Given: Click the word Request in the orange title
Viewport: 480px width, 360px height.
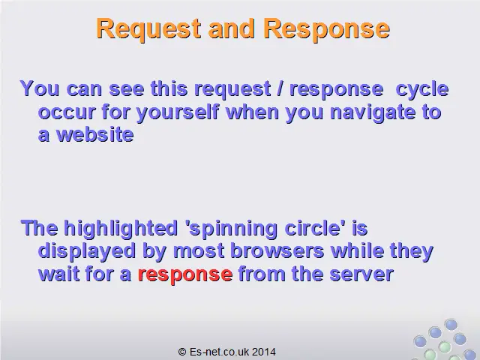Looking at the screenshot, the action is pos(148,28).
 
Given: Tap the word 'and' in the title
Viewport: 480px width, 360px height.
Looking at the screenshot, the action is pos(231,28).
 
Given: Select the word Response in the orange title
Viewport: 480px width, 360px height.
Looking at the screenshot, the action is pos(326,28).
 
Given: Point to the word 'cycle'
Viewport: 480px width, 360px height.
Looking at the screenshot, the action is pos(422,89).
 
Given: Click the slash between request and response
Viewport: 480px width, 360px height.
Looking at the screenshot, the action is pos(280,88).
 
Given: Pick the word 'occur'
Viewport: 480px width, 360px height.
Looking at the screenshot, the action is pos(67,112).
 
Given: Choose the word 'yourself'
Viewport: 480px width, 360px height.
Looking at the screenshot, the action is pos(178,112).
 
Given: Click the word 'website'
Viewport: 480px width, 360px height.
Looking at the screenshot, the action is pos(95,135).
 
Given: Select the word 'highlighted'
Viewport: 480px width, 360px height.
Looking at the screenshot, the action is pos(121,229).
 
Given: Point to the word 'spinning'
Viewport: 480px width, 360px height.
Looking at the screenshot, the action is pos(232,229).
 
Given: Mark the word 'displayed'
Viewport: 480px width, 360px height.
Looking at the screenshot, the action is pos(87,252).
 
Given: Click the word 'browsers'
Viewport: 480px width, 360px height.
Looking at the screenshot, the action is pos(277,251).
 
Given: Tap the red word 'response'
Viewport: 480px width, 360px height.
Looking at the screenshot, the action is pos(185,274).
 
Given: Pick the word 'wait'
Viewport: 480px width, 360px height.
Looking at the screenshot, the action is pos(58,274).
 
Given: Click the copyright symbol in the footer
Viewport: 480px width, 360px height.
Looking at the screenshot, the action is pos(182,352).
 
